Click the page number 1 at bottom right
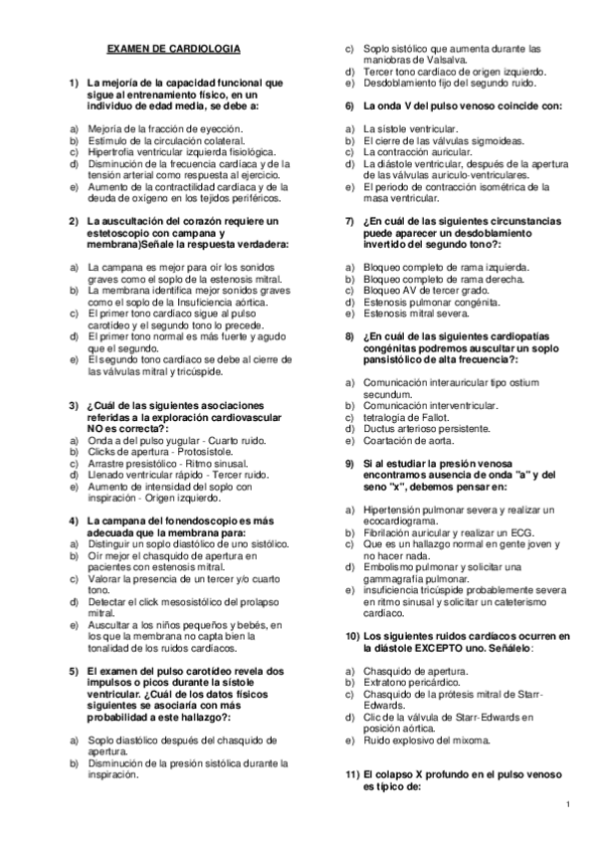tap(566, 804)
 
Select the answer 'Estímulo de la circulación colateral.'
tap(156, 140)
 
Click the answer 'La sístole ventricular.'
tap(410, 129)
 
